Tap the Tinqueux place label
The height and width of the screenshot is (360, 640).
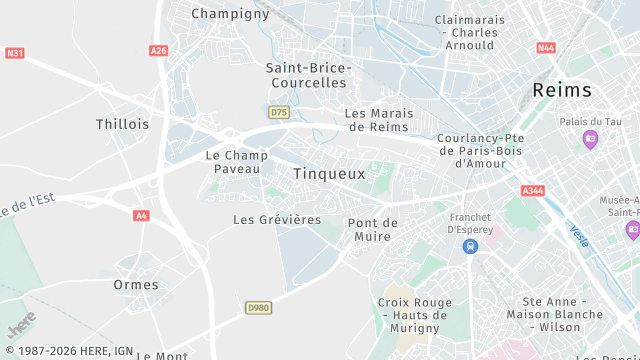[x=329, y=174]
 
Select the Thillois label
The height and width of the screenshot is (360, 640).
[x=122, y=125]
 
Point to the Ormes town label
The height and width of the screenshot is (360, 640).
[x=136, y=285]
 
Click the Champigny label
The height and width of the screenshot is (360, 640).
[x=230, y=14]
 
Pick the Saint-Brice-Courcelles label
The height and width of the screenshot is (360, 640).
[x=308, y=75]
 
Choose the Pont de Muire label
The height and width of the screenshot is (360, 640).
[x=373, y=230]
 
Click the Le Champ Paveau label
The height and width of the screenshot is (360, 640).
[x=237, y=162]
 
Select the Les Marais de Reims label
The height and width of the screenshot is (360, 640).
[x=377, y=120]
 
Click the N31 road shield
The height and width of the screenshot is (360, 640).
[x=15, y=53]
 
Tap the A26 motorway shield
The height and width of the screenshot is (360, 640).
[x=158, y=50]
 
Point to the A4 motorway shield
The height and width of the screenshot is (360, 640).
[x=141, y=215]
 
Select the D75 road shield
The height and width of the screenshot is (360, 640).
[x=279, y=111]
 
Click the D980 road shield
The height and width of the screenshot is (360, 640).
[x=258, y=308]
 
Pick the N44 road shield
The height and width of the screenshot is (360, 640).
[x=545, y=47]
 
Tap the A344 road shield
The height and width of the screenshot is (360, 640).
[x=533, y=190]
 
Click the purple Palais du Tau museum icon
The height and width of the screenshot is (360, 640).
[x=590, y=139]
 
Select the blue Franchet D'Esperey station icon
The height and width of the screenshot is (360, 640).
[x=470, y=246]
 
